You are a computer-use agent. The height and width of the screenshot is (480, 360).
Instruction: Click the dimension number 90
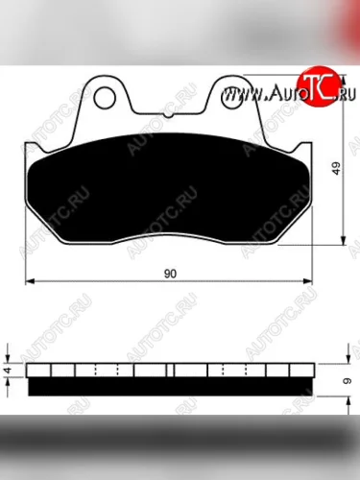[170, 274]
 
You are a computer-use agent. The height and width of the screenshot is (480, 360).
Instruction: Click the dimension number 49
[336, 168]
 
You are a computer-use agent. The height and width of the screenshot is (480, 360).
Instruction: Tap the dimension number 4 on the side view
[8, 371]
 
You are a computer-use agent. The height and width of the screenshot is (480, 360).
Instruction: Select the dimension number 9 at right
[348, 381]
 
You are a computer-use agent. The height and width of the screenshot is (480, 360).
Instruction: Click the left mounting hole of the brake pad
[105, 97]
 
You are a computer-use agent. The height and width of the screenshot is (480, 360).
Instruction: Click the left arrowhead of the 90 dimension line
[30, 281]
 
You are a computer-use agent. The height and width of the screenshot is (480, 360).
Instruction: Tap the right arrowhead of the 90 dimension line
[307, 281]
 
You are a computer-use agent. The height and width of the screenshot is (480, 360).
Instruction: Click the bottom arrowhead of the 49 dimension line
[344, 241]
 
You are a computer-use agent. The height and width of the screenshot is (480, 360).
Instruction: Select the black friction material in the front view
[168, 189]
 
